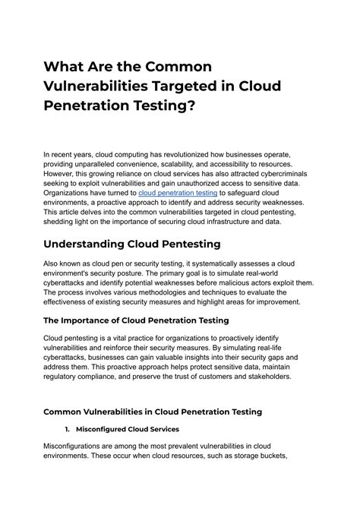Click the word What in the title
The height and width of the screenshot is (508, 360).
(68, 68)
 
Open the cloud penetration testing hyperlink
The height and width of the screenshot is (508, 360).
(178, 193)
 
